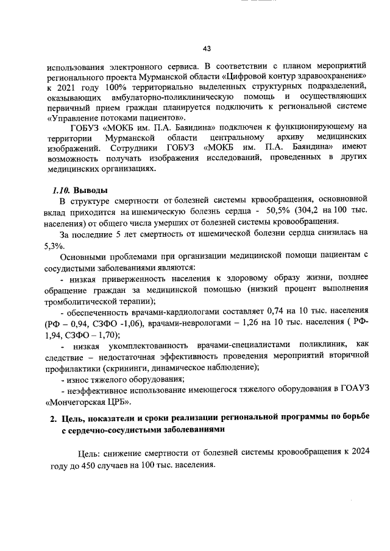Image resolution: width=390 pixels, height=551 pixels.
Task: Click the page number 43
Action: click(x=207, y=49)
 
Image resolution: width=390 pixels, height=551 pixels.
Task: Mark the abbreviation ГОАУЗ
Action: click(x=354, y=388)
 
